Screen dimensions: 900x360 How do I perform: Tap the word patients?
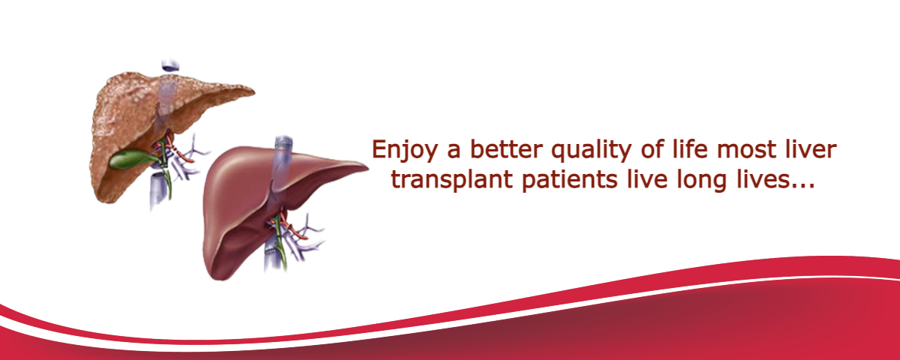point(569,179)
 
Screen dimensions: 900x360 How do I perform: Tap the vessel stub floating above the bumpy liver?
point(169,65)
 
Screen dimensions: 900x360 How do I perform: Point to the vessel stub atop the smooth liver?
point(283,143)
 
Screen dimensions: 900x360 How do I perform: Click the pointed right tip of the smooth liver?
point(367,169)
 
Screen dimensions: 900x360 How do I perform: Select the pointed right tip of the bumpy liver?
point(253,92)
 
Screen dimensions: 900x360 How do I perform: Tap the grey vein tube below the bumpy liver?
point(157,190)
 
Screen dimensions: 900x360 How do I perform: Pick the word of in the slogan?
point(652,148)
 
